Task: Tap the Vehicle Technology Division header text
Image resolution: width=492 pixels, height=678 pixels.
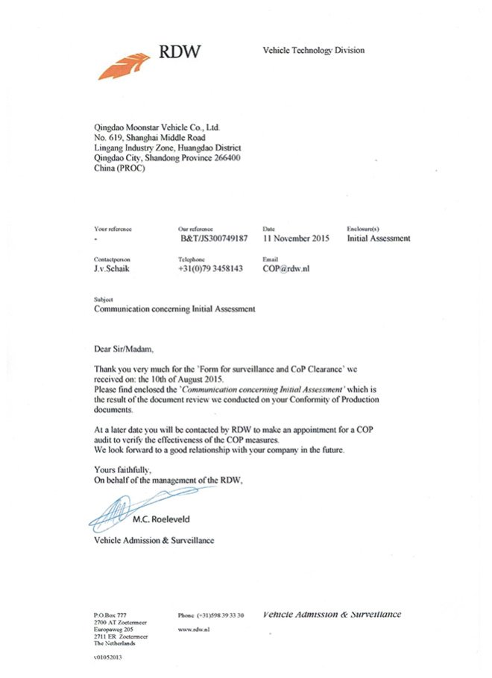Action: point(313,50)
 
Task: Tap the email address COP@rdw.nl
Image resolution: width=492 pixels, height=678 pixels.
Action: point(286,268)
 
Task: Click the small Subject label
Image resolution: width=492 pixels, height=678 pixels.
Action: point(103,299)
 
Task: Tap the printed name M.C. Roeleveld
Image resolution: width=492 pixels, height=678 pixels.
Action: point(177,520)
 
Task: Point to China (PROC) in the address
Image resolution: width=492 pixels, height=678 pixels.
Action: point(119,168)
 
